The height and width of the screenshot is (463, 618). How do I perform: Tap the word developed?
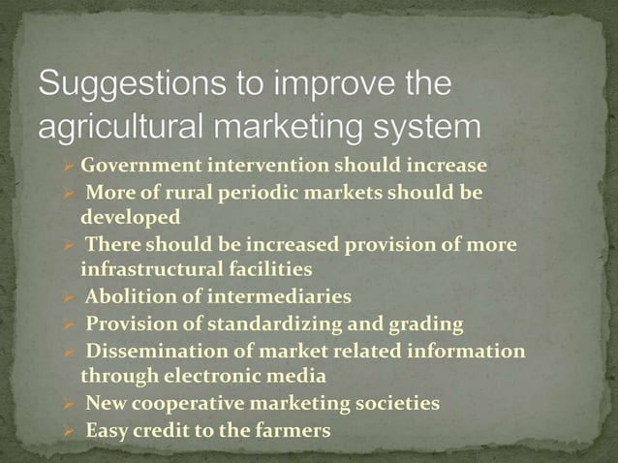[130, 217]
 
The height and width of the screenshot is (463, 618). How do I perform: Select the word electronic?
[222, 375]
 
